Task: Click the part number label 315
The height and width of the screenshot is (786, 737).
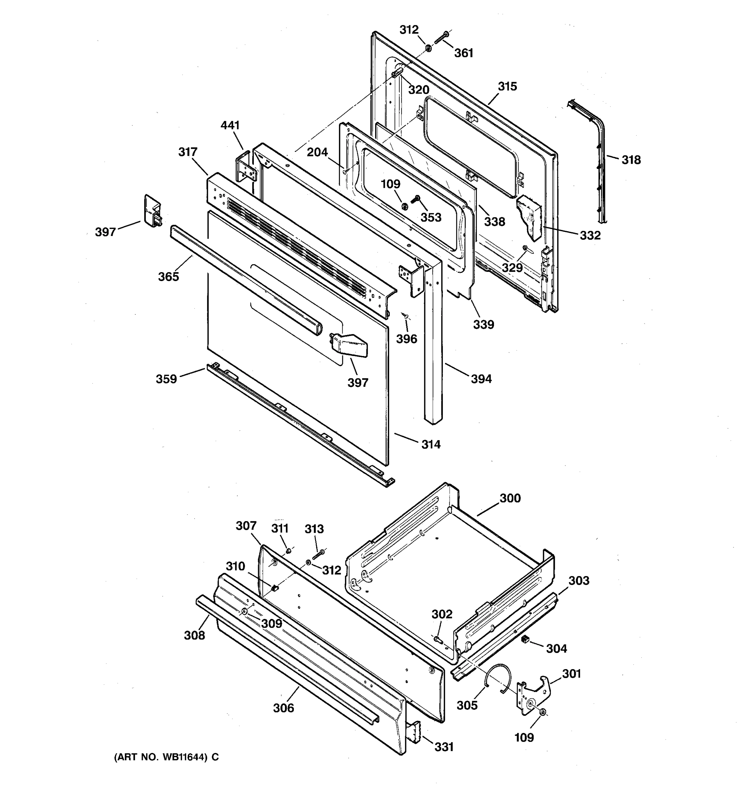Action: [507, 86]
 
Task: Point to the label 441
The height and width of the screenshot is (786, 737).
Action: [230, 125]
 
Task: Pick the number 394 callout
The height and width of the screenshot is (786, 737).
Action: [481, 379]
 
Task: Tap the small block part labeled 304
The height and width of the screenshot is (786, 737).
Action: [525, 639]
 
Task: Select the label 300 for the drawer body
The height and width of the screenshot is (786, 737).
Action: [510, 498]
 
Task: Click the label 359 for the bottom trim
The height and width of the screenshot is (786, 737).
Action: [166, 379]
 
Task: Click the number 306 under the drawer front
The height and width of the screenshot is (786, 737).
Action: [283, 708]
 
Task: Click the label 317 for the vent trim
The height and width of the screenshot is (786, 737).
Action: [188, 152]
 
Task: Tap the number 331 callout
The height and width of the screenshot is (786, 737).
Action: [444, 747]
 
